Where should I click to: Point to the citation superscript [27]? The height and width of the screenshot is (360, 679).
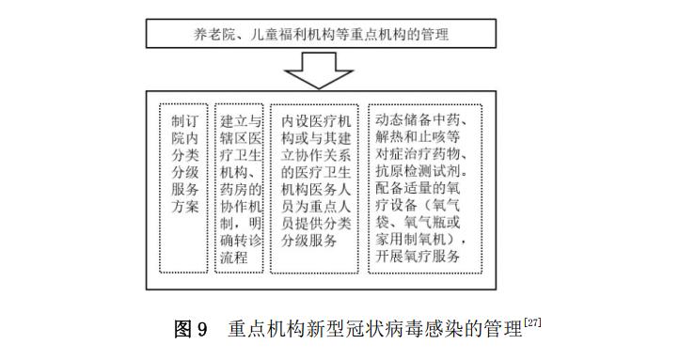pyautogui.click(x=532, y=323)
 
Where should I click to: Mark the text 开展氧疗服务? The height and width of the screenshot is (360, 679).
pyautogui.click(x=418, y=257)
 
